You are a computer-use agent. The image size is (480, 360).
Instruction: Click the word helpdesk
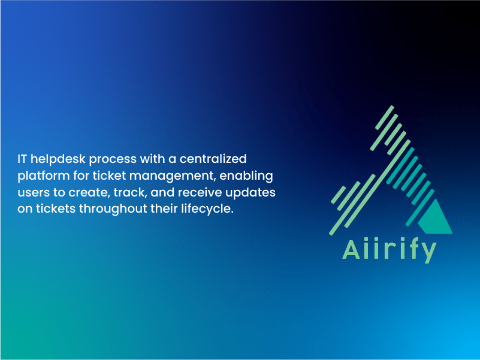[58, 159]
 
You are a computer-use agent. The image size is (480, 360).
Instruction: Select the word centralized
[213, 159]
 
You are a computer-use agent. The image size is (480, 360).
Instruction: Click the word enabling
[246, 176]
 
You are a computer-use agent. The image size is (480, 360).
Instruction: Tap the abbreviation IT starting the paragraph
[22, 159]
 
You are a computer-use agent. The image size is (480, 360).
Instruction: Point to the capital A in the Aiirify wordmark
[351, 250]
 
